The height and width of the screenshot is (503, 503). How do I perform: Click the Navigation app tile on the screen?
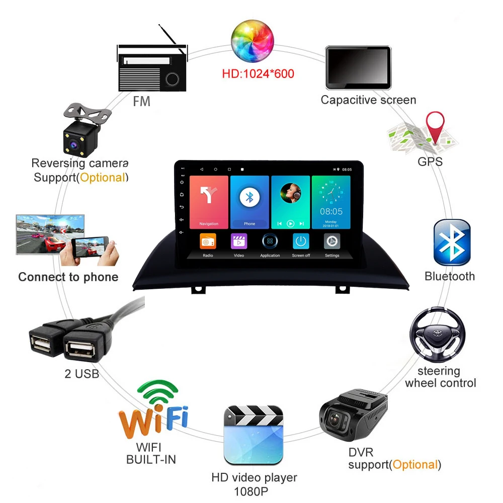pyautogui.click(x=208, y=201)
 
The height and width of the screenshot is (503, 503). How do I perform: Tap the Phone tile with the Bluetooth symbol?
pyautogui.click(x=249, y=201)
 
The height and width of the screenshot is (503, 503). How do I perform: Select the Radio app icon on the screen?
pyautogui.click(x=208, y=242)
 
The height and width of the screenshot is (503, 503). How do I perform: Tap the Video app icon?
pyautogui.click(x=239, y=241)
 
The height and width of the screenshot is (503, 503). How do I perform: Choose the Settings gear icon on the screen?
pyautogui.click(x=331, y=241)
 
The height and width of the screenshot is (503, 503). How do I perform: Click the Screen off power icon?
pyautogui.click(x=301, y=241)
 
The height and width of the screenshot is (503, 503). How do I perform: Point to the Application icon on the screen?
pyautogui.click(x=270, y=241)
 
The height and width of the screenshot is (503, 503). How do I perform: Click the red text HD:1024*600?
pyautogui.click(x=258, y=74)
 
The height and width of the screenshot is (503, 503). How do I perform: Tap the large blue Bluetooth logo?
pyautogui.click(x=452, y=242)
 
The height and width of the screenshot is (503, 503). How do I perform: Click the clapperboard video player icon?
pyautogui.click(x=254, y=435)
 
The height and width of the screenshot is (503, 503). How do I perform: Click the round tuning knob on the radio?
pyautogui.click(x=173, y=79)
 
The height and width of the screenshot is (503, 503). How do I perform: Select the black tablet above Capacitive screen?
pyautogui.click(x=358, y=67)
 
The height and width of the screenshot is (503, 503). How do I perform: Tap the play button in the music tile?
pyautogui.click(x=290, y=223)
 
